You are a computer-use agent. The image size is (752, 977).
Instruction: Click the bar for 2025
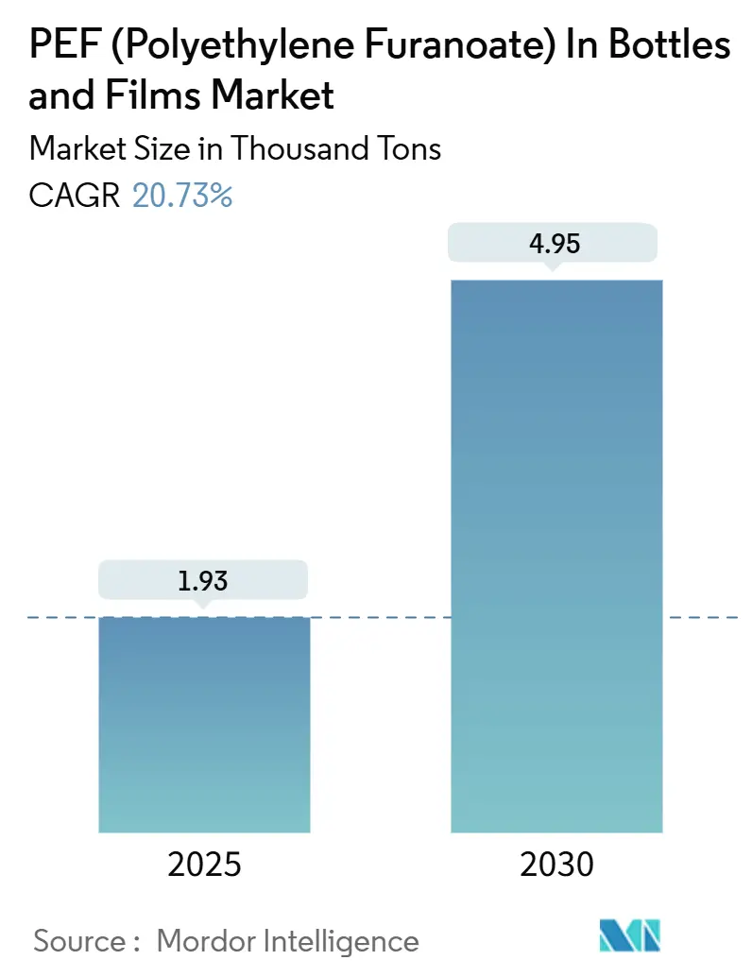coord(204,724)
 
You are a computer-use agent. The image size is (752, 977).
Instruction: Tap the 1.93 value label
coord(204,580)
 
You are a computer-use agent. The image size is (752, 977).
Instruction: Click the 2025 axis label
coord(204,864)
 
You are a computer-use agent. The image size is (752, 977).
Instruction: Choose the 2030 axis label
coord(556,864)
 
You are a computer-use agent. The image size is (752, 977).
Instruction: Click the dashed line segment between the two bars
coord(380,618)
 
